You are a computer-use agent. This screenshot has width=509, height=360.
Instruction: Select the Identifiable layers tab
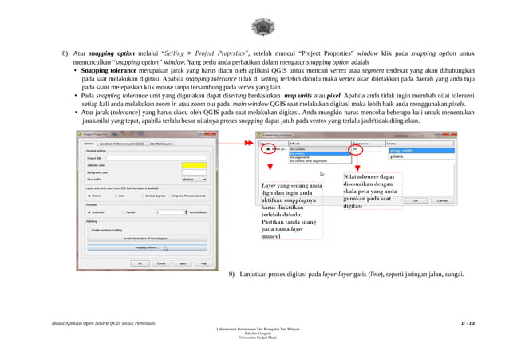click(x=163, y=144)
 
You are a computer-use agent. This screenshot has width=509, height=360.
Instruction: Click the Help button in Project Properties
click(x=203, y=263)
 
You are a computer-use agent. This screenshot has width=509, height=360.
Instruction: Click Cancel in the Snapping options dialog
click(x=440, y=200)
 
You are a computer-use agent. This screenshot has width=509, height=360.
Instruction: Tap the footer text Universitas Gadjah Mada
click(x=255, y=338)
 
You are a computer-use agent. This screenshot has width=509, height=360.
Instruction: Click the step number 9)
click(x=231, y=275)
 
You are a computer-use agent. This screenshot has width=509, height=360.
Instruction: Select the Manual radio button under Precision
click(x=123, y=212)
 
